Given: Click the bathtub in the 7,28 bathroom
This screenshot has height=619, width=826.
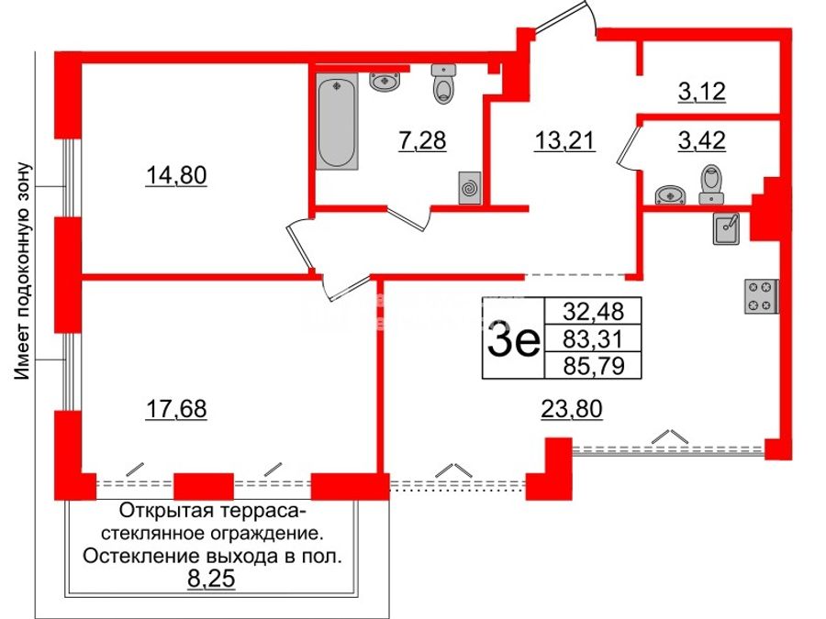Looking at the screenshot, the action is [x=337, y=122].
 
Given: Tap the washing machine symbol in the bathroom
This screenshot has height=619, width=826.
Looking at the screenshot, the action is [x=470, y=187].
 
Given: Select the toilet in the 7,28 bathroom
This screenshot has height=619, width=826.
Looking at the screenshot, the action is [x=443, y=83].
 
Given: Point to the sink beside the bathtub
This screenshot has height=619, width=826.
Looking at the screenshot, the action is [x=385, y=83].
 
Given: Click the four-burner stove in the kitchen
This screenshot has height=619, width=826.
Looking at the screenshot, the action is [x=761, y=296].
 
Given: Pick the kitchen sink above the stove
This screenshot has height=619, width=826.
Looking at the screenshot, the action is [x=727, y=228].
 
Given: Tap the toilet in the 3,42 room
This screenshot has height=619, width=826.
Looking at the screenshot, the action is [x=711, y=184].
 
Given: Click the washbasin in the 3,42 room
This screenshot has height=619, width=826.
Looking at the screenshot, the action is [x=670, y=194].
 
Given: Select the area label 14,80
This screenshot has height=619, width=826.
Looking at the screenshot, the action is [x=176, y=175].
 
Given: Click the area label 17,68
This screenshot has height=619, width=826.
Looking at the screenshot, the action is [x=176, y=409].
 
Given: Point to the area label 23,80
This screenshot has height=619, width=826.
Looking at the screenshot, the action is [x=572, y=408].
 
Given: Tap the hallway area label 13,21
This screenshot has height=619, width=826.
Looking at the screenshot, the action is [x=564, y=140].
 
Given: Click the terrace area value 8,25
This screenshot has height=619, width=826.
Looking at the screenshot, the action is [x=211, y=579].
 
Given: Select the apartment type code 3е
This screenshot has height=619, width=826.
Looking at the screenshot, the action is [x=514, y=337].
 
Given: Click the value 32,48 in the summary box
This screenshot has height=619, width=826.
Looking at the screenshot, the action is [x=593, y=312].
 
